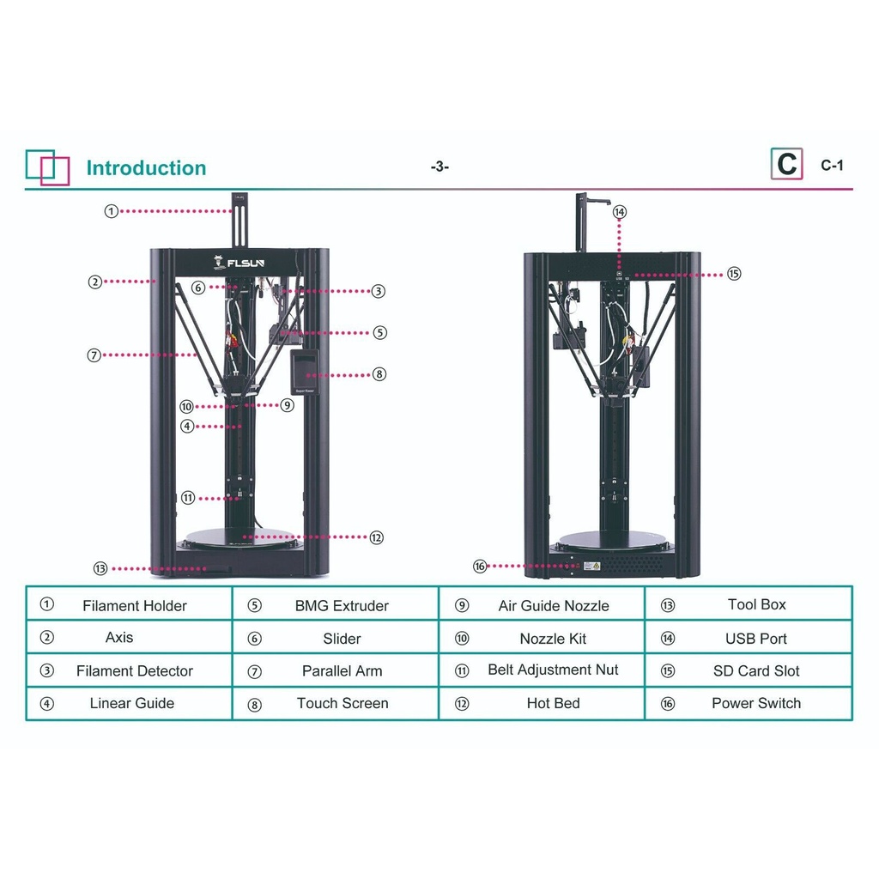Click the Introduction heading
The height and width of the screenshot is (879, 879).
(x=146, y=168)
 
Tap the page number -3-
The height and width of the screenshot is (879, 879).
(x=439, y=167)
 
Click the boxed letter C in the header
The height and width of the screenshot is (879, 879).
(x=786, y=164)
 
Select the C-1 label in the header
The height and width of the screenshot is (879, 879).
(x=832, y=166)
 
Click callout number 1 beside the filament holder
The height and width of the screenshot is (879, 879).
(x=112, y=211)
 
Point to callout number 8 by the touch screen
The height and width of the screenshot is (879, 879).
(x=379, y=374)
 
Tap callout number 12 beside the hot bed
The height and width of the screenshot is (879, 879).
(x=376, y=537)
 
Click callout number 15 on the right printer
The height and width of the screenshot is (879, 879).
(x=733, y=274)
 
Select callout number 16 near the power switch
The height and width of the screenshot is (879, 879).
(x=480, y=567)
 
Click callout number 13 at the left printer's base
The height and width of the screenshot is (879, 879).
(x=100, y=568)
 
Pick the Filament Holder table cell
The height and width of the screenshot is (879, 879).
(x=135, y=606)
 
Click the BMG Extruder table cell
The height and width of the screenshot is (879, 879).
(x=342, y=606)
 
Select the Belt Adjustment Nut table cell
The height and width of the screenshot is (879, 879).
(x=553, y=670)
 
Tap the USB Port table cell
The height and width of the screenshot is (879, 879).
(x=755, y=639)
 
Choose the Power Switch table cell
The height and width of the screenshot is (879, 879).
(x=755, y=703)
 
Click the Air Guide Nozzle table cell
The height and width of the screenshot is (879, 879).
(x=554, y=606)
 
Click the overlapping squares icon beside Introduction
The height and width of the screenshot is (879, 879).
(x=47, y=167)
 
